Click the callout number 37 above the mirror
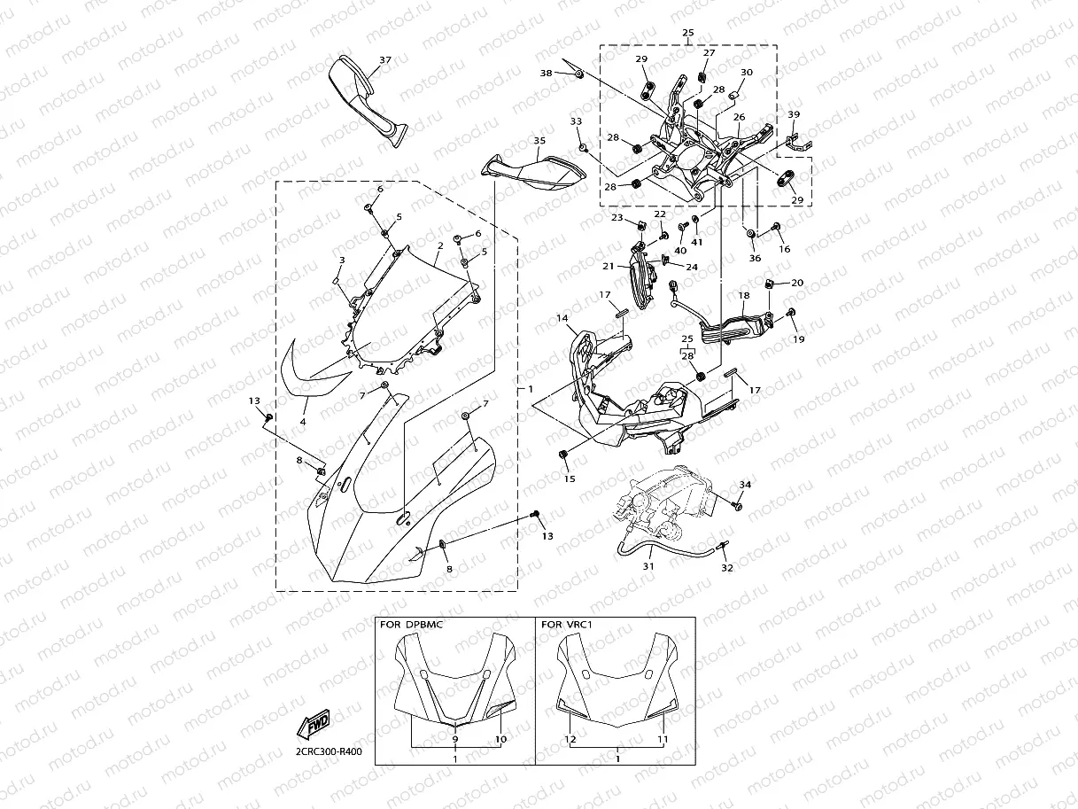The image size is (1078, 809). coord(384,60)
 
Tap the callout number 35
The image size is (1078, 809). coord(539,141)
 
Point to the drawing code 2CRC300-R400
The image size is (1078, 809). coord(329,751)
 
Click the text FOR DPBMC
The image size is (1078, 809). coord(411,624)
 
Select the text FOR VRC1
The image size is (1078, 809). coord(566,624)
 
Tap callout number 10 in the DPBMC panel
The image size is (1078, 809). coord(500,739)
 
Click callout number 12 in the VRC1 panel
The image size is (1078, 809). coord(570,739)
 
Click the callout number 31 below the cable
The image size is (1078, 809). coord(648,567)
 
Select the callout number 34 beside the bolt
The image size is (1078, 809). coord(745,485)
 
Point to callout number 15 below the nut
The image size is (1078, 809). coord(570,478)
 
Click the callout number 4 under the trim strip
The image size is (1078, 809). coord(303,423)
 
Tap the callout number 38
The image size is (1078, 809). coord(547,73)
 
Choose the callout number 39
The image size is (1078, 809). coord(794,114)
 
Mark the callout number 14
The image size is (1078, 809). coord(562,318)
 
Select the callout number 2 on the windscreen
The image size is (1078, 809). coord(439,245)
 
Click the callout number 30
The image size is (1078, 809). coord(747,73)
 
